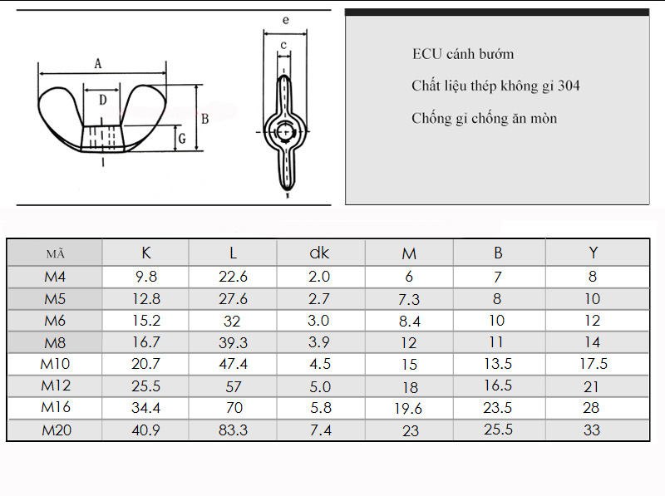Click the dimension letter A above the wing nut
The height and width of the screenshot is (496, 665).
98,64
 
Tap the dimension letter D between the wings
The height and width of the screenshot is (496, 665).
102,100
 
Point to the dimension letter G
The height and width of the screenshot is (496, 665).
182,139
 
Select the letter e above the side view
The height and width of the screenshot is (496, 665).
285,20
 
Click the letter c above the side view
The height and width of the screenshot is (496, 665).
283,45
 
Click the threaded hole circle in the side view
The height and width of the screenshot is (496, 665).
285,132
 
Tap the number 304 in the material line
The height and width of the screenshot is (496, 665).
569,86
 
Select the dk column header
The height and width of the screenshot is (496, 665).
319,253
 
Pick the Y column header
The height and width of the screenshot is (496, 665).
594,253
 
